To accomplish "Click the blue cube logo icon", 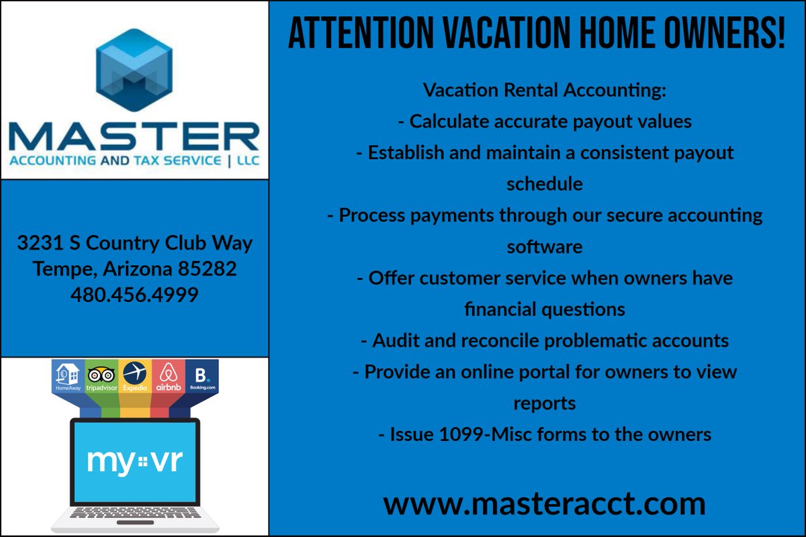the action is point(134,70).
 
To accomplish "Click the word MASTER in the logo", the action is point(134,136).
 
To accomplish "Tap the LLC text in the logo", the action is point(248,160).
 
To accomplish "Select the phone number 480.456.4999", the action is point(134,295).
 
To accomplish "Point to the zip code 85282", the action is point(208,268).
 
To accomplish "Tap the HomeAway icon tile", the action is point(68,376).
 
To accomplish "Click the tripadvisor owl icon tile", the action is point(101,376).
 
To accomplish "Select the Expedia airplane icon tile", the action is point(135,376).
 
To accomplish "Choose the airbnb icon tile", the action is point(169,376).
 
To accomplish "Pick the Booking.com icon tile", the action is point(202,376).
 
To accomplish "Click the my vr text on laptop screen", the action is point(135,461).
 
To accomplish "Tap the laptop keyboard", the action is point(135,513).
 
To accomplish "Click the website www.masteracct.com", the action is point(544,503).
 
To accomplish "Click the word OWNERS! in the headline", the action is point(724,33).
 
